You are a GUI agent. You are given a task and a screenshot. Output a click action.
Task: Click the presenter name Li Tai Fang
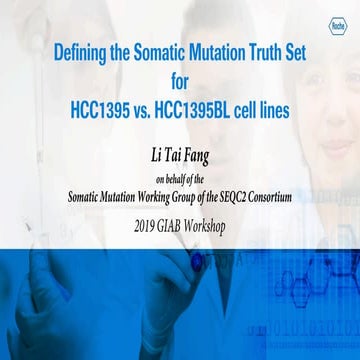(180, 151)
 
